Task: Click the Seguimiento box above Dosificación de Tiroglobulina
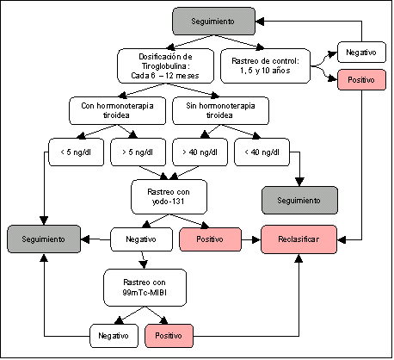pyautogui.click(x=213, y=22)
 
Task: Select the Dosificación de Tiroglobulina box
pyautogui.click(x=165, y=66)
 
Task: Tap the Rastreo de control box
pyautogui.click(x=265, y=66)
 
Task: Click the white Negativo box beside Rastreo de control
pyautogui.click(x=361, y=53)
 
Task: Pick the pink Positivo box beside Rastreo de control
pyautogui.click(x=361, y=79)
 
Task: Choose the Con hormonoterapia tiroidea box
pyautogui.click(x=117, y=110)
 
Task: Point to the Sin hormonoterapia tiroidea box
pyautogui.click(x=220, y=110)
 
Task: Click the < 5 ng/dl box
pyautogui.click(x=76, y=152)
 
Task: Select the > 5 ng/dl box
pyautogui.click(x=138, y=152)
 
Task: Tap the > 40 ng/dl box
pyautogui.click(x=200, y=152)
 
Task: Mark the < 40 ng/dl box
pyautogui.click(x=262, y=152)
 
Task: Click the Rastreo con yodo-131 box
pyautogui.click(x=169, y=197)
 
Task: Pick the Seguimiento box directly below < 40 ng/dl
pyautogui.click(x=299, y=201)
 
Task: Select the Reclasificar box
pyautogui.click(x=299, y=239)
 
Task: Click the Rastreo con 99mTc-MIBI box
pyautogui.click(x=145, y=288)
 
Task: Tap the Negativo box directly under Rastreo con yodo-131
pyautogui.click(x=141, y=239)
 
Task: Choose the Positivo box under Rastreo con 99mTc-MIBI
pyautogui.click(x=169, y=336)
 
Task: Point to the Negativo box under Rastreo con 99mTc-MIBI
pyautogui.click(x=114, y=336)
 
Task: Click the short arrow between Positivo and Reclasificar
pyautogui.click(x=251, y=239)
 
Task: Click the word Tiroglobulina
pyautogui.click(x=166, y=66)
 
